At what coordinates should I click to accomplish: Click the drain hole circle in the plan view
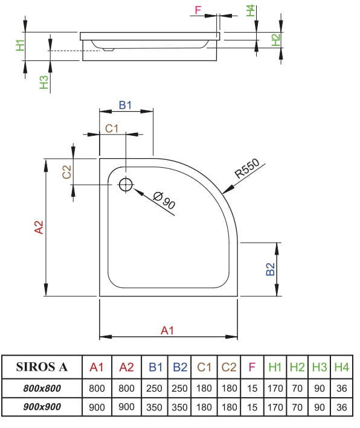tap(126, 185)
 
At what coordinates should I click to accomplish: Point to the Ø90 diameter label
tap(164, 200)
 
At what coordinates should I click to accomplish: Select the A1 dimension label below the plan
tap(167, 330)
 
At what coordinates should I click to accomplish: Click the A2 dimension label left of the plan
tap(39, 228)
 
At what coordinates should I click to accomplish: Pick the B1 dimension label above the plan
tap(125, 104)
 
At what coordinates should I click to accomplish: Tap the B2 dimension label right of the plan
tap(271, 269)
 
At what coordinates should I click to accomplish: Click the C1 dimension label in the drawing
tap(112, 128)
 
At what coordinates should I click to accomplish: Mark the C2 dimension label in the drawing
tap(67, 171)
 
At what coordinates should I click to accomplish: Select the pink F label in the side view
tap(198, 10)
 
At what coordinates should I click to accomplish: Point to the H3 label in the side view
tap(43, 83)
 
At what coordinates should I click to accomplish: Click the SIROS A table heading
tap(41, 366)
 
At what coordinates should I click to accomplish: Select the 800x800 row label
tap(41, 388)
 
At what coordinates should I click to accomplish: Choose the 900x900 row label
tap(41, 407)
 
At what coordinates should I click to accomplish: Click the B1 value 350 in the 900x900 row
tap(155, 407)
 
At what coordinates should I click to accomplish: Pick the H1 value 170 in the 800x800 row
tap(275, 388)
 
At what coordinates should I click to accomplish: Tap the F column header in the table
tap(252, 366)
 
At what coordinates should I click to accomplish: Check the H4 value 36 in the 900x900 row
tap(341, 407)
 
